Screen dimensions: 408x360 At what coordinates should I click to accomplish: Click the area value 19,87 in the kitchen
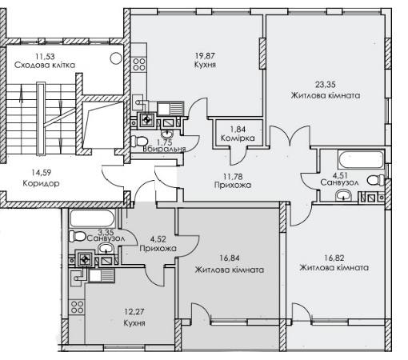[205, 56]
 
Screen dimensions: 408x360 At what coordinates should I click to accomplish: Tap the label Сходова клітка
[45, 65]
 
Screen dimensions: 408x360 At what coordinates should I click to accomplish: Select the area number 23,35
[326, 85]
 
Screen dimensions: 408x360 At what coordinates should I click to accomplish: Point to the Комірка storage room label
[238, 138]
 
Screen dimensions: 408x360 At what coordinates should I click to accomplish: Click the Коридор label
[41, 183]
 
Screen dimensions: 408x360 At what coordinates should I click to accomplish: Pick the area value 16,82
[334, 258]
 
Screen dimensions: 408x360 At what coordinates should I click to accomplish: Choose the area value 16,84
[230, 258]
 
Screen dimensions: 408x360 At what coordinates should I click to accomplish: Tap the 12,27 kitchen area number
[134, 311]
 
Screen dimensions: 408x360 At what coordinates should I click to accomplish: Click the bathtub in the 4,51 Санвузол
[361, 160]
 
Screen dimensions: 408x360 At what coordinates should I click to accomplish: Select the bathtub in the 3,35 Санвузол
[92, 218]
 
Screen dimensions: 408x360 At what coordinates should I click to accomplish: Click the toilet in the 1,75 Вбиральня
[139, 141]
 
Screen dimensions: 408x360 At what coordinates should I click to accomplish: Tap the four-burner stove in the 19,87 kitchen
[139, 65]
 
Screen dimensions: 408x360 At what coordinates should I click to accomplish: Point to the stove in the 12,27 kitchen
[77, 306]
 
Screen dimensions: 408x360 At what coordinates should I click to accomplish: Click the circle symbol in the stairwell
[116, 58]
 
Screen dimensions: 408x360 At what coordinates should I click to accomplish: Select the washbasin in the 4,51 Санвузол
[344, 195]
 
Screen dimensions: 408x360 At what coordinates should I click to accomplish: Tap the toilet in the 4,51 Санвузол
[376, 180]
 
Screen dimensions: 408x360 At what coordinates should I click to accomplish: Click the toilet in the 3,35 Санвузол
[78, 236]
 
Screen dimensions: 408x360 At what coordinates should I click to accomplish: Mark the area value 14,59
[41, 173]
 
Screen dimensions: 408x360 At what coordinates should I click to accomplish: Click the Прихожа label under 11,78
[233, 185]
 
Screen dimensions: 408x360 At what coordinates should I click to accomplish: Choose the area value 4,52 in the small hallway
[158, 238]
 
